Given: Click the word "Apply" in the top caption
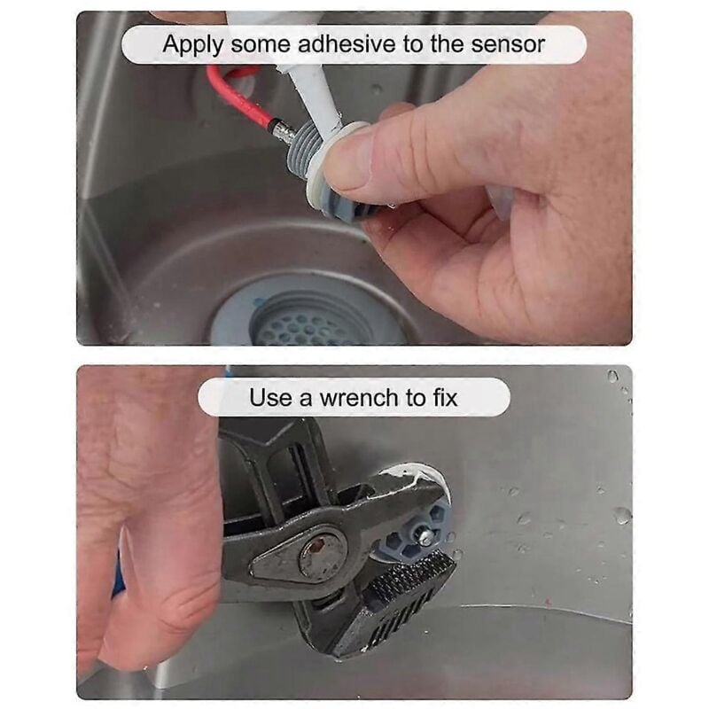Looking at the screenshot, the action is (x=192, y=45).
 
